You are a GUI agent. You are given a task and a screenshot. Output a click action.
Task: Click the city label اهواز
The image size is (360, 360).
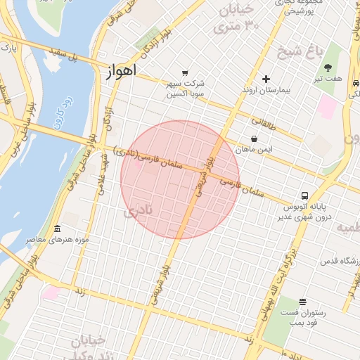(122, 72)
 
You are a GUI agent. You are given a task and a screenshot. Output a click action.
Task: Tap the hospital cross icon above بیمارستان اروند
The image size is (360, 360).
(265, 79)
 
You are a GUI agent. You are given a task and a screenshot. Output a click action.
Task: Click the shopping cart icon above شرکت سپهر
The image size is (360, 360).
(184, 72)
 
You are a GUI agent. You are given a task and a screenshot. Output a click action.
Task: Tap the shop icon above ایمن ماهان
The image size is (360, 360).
(253, 139)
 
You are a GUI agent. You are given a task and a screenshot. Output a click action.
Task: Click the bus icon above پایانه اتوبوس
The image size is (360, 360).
(304, 195)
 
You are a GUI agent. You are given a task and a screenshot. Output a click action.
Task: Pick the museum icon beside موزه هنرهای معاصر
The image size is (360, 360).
(57, 229)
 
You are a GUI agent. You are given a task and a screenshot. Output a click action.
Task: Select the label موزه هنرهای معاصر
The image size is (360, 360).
(58, 240)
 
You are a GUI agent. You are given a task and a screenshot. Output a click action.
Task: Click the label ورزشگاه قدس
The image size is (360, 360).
(340, 261)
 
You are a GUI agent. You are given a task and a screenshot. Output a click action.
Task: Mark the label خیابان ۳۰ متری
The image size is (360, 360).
(241, 18)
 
